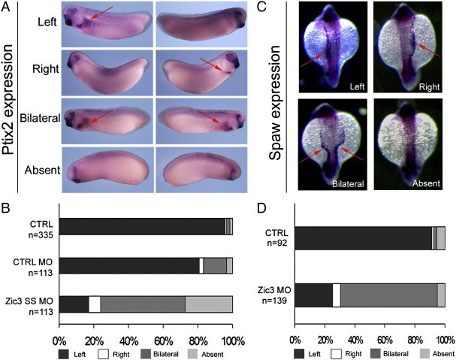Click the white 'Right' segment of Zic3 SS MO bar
tap(95, 304)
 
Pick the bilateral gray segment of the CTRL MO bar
tap(214, 265)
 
